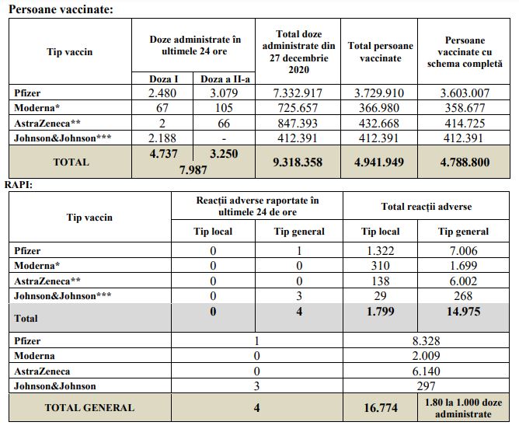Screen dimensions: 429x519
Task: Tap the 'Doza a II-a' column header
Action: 221,79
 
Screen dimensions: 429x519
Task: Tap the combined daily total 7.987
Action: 192,169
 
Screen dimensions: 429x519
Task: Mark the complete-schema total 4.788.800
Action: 465,163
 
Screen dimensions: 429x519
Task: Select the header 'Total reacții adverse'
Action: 427,207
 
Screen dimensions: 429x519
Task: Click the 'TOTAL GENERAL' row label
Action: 89,407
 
